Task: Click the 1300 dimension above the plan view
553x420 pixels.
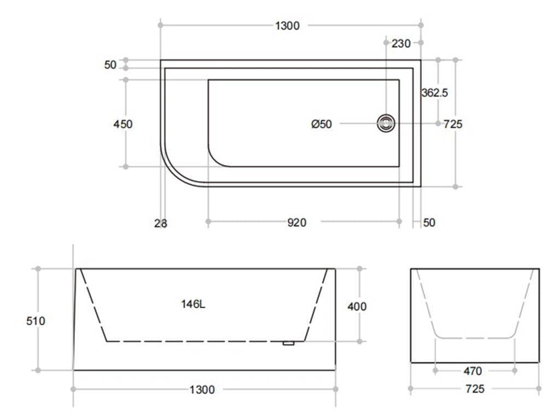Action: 287,26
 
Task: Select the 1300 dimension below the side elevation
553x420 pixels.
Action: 202,390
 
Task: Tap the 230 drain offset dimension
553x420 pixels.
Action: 401,44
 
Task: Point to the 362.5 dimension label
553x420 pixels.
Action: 435,93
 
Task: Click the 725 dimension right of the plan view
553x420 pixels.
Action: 452,124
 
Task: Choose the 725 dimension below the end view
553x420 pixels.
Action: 474,389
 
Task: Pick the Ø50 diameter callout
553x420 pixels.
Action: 322,124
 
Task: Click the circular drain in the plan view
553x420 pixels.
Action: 387,123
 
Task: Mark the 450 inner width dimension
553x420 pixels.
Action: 123,124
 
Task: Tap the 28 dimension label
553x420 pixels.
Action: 161,223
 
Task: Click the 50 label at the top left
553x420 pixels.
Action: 110,65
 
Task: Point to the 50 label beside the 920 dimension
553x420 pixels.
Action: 429,223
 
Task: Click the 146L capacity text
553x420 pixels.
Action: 193,305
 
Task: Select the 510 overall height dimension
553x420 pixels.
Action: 36,321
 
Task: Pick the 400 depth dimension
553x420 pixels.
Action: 357,307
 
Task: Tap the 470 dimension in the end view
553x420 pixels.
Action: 473,371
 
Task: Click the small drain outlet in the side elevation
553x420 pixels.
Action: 289,343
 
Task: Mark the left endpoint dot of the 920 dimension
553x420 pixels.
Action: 208,221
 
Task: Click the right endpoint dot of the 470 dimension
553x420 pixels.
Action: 515,371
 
